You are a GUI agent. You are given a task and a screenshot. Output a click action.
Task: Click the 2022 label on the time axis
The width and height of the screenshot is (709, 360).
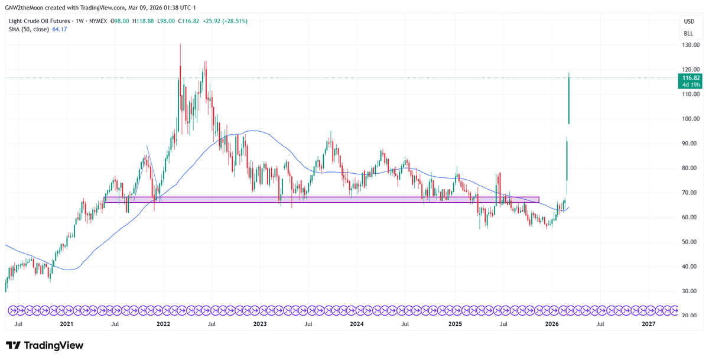163,324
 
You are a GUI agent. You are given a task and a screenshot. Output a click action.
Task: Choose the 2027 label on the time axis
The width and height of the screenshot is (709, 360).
648,324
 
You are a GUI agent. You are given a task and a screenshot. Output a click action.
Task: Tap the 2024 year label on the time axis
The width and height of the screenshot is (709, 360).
356,324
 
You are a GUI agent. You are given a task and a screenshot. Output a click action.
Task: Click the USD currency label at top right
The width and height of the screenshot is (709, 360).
688,21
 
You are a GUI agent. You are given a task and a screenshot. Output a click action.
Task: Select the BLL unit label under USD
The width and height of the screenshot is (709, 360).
688,33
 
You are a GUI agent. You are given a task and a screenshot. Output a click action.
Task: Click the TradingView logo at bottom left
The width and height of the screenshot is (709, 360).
45,345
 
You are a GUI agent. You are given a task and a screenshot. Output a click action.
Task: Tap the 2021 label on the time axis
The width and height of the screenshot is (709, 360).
66,324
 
